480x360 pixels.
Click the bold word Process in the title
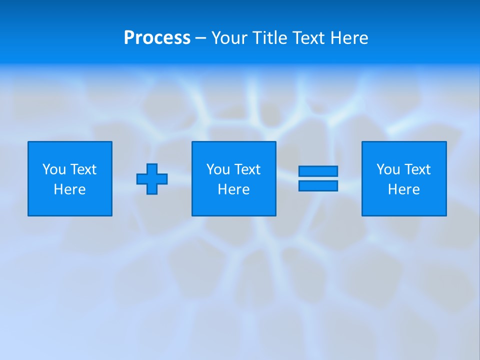coord(157,38)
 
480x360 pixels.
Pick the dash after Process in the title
coord(200,38)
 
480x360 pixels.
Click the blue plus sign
coord(152,178)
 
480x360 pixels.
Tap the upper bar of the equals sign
coord(318,171)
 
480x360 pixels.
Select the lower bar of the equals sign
coord(318,185)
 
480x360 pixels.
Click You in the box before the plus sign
coord(54,169)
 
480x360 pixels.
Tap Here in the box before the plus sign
coord(70,189)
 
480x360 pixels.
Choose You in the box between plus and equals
coord(218,169)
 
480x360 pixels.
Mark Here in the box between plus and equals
coord(234,189)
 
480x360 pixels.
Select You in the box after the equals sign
coord(388,169)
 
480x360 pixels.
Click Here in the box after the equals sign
coord(404,189)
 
